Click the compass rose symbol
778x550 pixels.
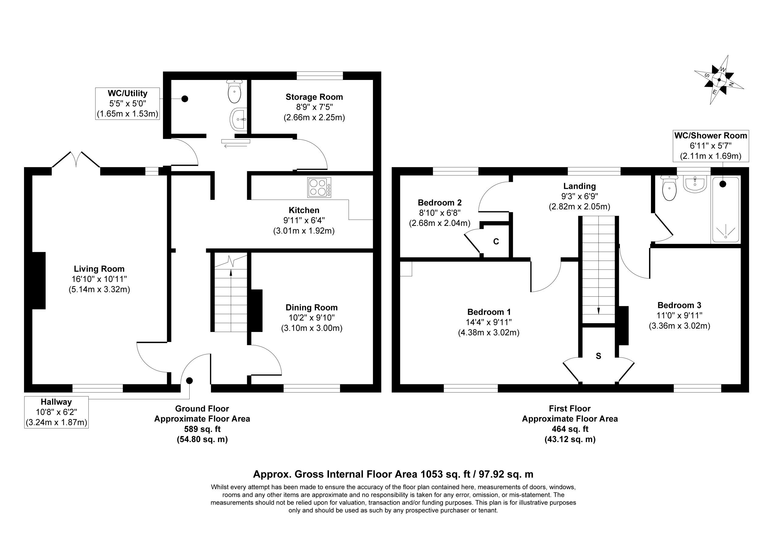click(x=719, y=80)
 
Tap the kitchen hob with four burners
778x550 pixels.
click(x=319, y=188)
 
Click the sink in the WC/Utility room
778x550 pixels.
click(x=239, y=119)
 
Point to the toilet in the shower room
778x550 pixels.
click(x=669, y=188)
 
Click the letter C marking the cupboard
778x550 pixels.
click(x=496, y=241)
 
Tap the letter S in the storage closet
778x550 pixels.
click(x=598, y=356)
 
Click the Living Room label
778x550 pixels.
click(x=99, y=269)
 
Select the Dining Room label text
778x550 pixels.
click(x=312, y=308)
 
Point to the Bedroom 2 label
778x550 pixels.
click(x=440, y=203)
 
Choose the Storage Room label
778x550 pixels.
click(x=315, y=97)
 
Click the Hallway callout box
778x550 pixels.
click(x=57, y=412)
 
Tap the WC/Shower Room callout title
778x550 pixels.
click(x=711, y=136)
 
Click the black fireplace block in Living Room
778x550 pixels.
click(x=39, y=280)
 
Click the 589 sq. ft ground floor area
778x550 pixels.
click(x=202, y=429)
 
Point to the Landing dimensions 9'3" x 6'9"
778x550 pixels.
click(x=580, y=196)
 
